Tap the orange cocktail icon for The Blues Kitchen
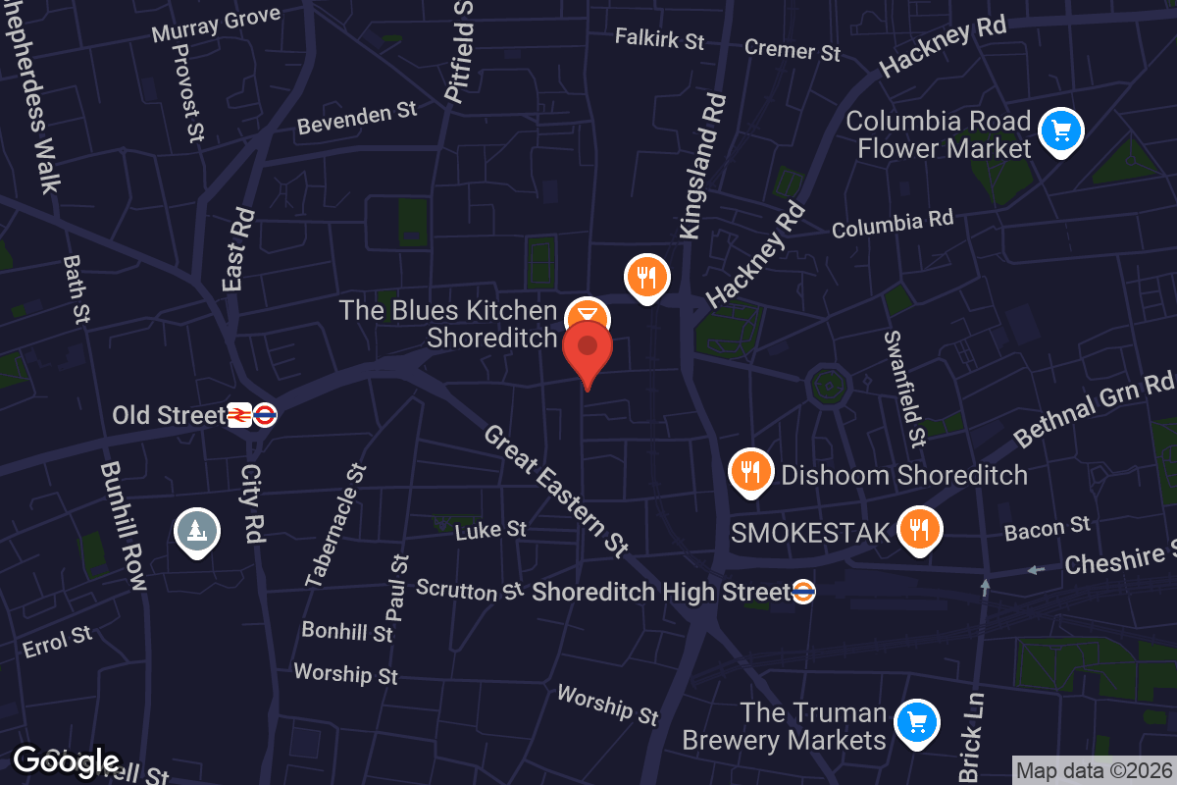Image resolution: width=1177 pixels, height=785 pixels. [588, 317]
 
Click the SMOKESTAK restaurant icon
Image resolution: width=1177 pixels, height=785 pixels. [919, 530]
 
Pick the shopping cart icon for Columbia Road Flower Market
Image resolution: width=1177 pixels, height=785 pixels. [1060, 130]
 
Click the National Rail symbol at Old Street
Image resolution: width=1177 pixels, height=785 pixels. [238, 415]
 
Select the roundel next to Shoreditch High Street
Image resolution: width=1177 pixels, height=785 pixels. [803, 592]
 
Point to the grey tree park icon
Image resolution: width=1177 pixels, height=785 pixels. [197, 531]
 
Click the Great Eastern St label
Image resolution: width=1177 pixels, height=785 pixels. [555, 490]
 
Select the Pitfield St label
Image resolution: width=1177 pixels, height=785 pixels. [459, 51]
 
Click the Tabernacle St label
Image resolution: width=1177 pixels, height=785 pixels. [335, 526]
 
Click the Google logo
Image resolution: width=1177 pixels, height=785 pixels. [66, 761]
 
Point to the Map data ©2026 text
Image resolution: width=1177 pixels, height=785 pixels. [1094, 771]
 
